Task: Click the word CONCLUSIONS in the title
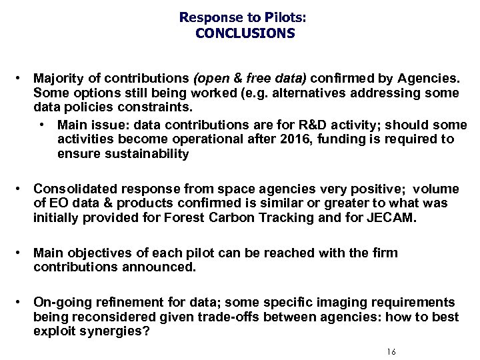click(x=245, y=33)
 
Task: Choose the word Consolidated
click(x=72, y=189)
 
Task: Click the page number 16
click(x=391, y=352)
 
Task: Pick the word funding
click(x=363, y=139)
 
